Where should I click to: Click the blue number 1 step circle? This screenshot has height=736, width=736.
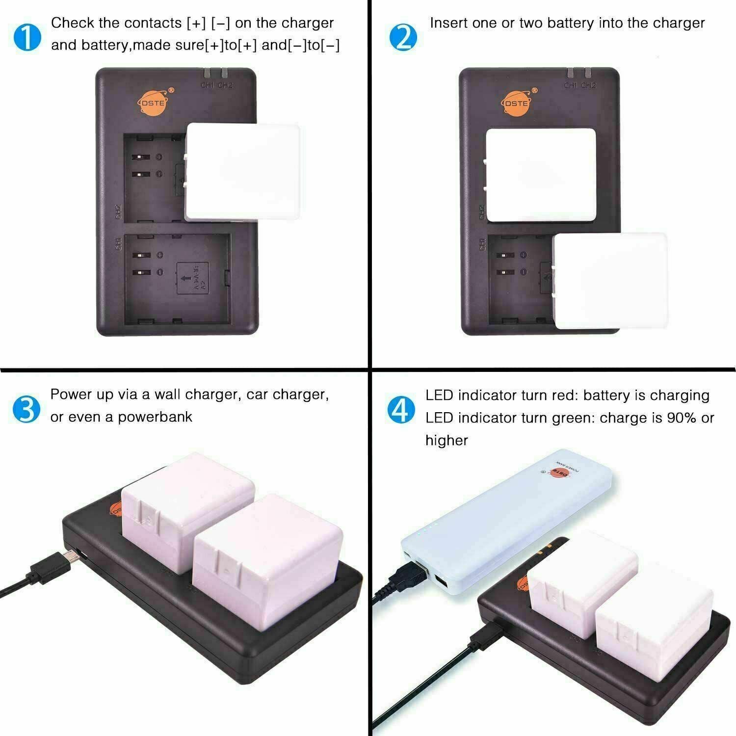[27, 37]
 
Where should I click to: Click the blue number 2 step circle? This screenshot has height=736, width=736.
[403, 37]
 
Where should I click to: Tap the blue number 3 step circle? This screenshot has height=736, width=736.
[26, 409]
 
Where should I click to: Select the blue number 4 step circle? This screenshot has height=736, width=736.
[401, 410]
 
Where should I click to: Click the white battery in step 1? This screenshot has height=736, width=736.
[243, 172]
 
